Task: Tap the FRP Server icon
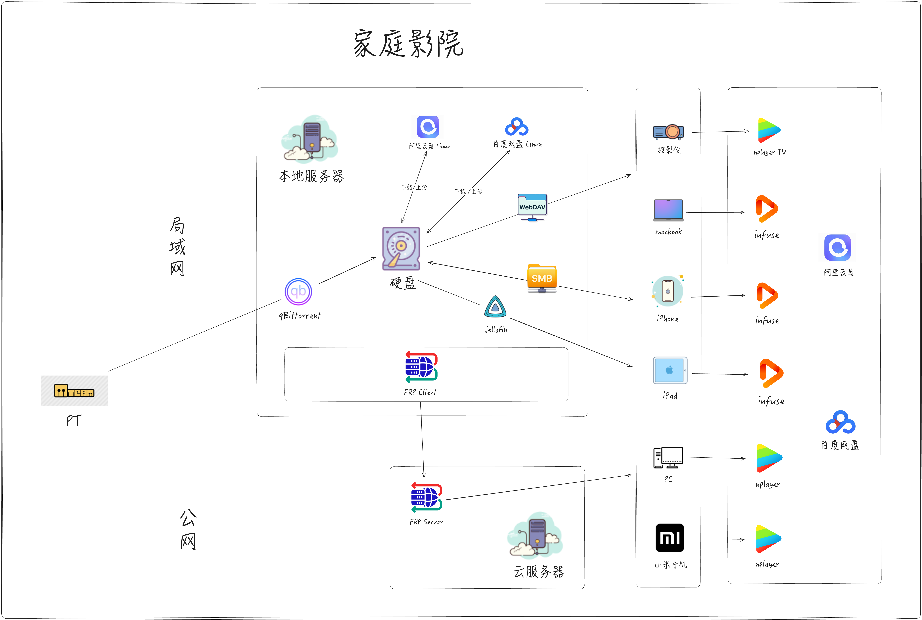pos(426,497)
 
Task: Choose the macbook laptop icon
pos(668,210)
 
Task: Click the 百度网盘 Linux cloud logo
pos(517,127)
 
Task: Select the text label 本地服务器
pos(311,176)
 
